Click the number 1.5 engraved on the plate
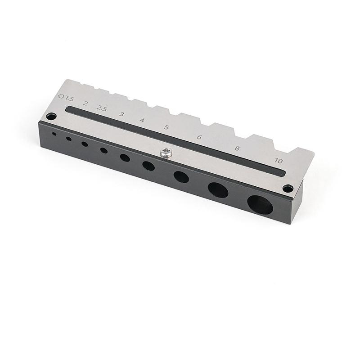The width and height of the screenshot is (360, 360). click(x=69, y=98)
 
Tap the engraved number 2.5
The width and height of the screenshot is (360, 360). click(x=102, y=108)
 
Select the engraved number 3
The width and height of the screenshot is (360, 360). click(x=121, y=114)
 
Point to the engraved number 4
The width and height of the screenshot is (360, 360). click(x=142, y=120)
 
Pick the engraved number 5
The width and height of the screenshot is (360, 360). click(x=166, y=127)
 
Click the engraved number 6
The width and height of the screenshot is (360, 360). click(x=199, y=137)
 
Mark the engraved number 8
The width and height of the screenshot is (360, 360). click(x=237, y=148)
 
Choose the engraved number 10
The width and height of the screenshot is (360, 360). click(x=279, y=161)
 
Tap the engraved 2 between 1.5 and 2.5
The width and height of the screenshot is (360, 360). click(x=85, y=103)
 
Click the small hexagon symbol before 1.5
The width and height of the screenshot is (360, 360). click(x=61, y=96)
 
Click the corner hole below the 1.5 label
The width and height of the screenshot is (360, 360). click(x=51, y=116)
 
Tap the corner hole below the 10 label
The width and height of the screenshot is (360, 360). click(x=288, y=188)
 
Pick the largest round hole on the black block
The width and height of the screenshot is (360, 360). click(x=260, y=205)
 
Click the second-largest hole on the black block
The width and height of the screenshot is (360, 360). click(x=218, y=190)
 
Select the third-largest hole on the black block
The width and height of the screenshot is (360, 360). click(x=181, y=176)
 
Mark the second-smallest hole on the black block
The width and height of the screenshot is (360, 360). click(x=69, y=139)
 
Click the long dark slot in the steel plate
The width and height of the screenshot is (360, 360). click(x=175, y=140)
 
